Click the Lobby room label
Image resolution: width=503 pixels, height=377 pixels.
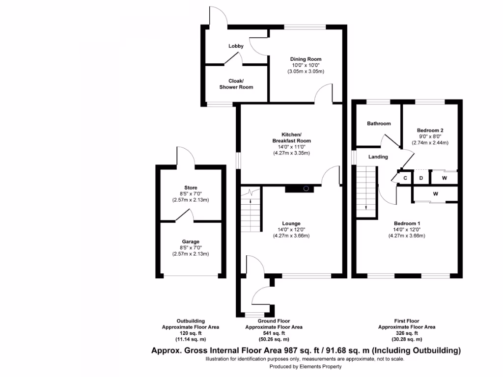[x=236, y=46]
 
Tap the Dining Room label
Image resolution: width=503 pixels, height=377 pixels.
[x=306, y=59]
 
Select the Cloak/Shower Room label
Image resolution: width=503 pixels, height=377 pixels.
[x=236, y=84]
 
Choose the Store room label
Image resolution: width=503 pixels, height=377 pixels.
[x=191, y=188]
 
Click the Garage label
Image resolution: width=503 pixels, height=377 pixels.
[x=191, y=242]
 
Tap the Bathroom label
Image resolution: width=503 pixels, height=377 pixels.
[x=379, y=124]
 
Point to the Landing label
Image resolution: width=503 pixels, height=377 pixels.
[x=378, y=157]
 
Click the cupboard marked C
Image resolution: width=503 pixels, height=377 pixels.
[x=406, y=178]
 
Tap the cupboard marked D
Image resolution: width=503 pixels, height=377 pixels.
[x=421, y=178]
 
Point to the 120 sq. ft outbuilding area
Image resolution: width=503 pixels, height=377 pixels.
[x=191, y=333]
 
